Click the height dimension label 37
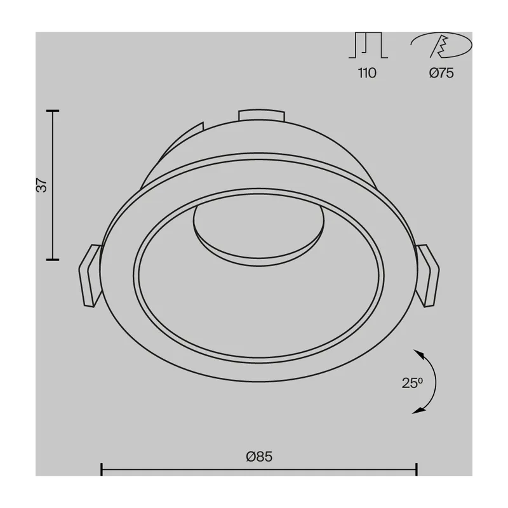[x=42, y=185]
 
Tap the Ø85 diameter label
[x=259, y=457]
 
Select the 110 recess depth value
[x=367, y=73]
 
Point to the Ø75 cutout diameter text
[x=441, y=73]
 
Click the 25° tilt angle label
[x=412, y=383]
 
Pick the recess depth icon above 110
[x=368, y=45]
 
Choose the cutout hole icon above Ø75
[x=441, y=44]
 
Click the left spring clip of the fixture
[x=90, y=276]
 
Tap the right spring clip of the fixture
[x=427, y=276]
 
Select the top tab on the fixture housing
[x=262, y=115]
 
